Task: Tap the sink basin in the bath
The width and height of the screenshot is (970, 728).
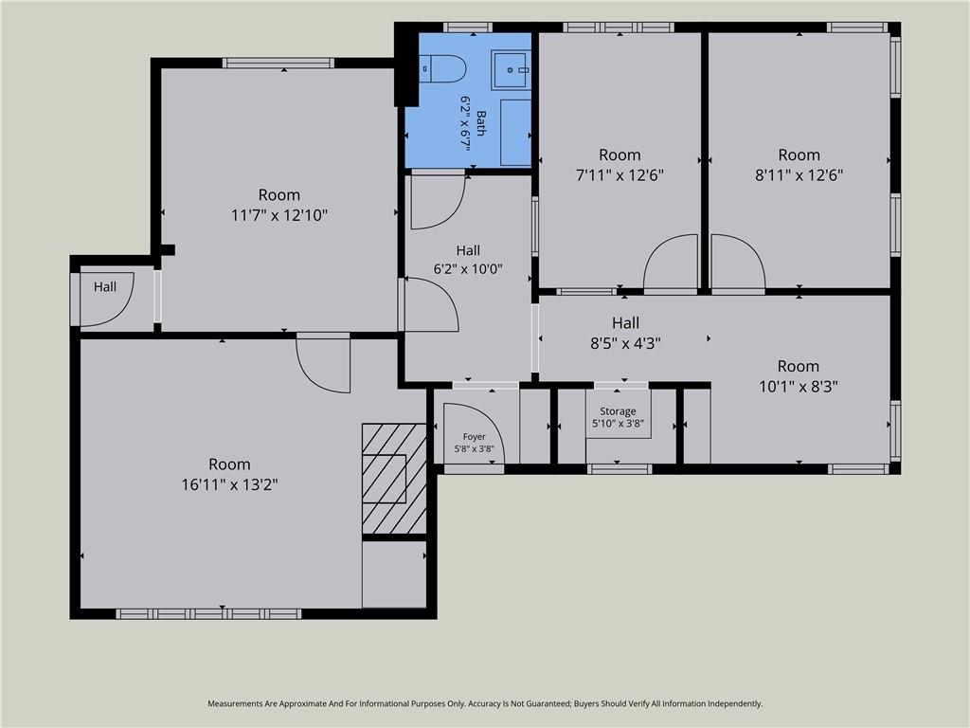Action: click(511, 70)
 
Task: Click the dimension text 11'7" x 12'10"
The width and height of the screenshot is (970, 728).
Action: click(279, 215)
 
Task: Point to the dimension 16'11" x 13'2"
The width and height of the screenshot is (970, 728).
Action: click(229, 484)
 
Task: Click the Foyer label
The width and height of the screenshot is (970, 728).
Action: click(474, 436)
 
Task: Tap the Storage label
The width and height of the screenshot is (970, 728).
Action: click(618, 411)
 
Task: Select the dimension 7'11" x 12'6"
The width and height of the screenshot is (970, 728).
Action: click(620, 175)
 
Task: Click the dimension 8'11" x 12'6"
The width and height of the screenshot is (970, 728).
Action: click(799, 175)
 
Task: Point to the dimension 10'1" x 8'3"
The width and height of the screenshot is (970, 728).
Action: click(799, 387)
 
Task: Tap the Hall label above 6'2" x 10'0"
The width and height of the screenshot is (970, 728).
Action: click(468, 250)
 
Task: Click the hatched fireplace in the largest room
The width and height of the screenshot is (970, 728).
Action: click(394, 479)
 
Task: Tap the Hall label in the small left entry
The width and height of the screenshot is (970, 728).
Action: click(105, 286)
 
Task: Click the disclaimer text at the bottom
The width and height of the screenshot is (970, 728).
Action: click(485, 703)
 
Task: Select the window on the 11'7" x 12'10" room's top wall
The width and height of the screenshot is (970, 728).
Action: click(278, 63)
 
